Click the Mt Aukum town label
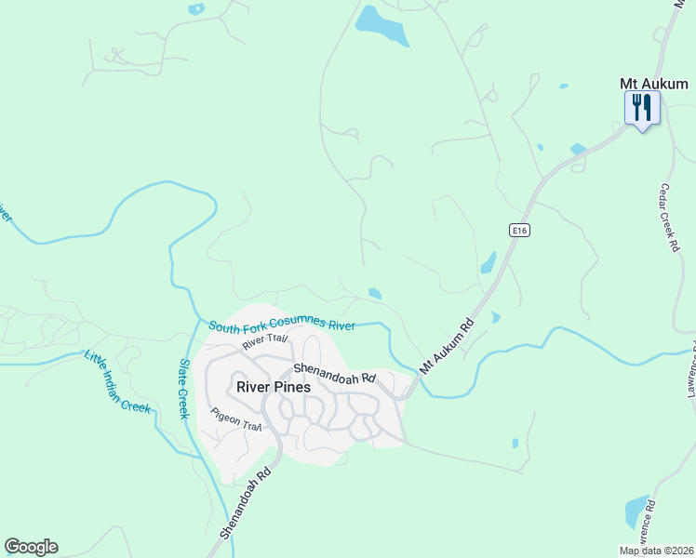(653, 84)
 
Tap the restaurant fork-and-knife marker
(642, 108)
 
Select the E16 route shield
(519, 230)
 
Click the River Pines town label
(273, 387)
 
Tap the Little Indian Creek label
(116, 381)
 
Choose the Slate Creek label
(184, 389)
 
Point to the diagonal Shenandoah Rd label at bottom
(250, 503)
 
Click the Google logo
(31, 547)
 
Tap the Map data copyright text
(657, 551)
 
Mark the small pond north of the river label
(374, 294)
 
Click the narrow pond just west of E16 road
(489, 263)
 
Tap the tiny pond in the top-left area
(195, 8)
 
